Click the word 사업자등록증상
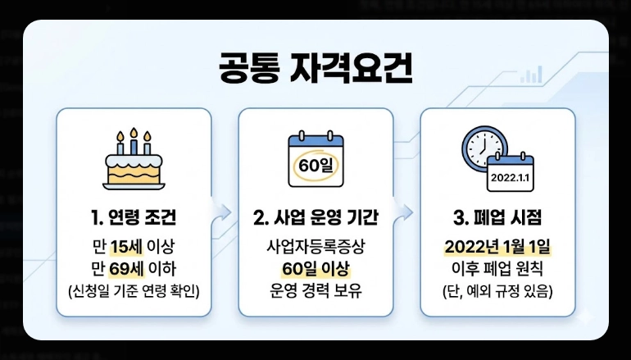315,246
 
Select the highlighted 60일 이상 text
315,268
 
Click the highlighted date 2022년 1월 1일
497,246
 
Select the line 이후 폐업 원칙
497,268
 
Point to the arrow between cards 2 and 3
406,213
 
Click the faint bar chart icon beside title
533,75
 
